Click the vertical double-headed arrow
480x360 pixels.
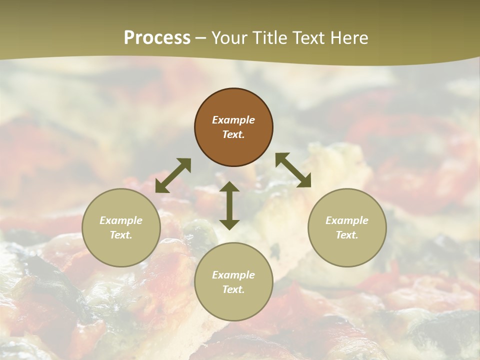coord(229,205)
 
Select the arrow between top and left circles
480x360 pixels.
coord(173,175)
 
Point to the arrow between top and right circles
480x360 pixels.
coord(293,170)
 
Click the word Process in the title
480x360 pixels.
coord(157,38)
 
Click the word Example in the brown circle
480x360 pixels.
coord(233,120)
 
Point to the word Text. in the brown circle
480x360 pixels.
coord(233,134)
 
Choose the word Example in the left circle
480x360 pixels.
coord(121,220)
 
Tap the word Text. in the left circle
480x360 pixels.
coord(121,235)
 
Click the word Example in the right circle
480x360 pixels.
coord(347,220)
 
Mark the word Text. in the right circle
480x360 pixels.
coord(347,235)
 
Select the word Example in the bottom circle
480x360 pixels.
coord(233,275)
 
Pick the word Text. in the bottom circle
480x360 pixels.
coord(233,289)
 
